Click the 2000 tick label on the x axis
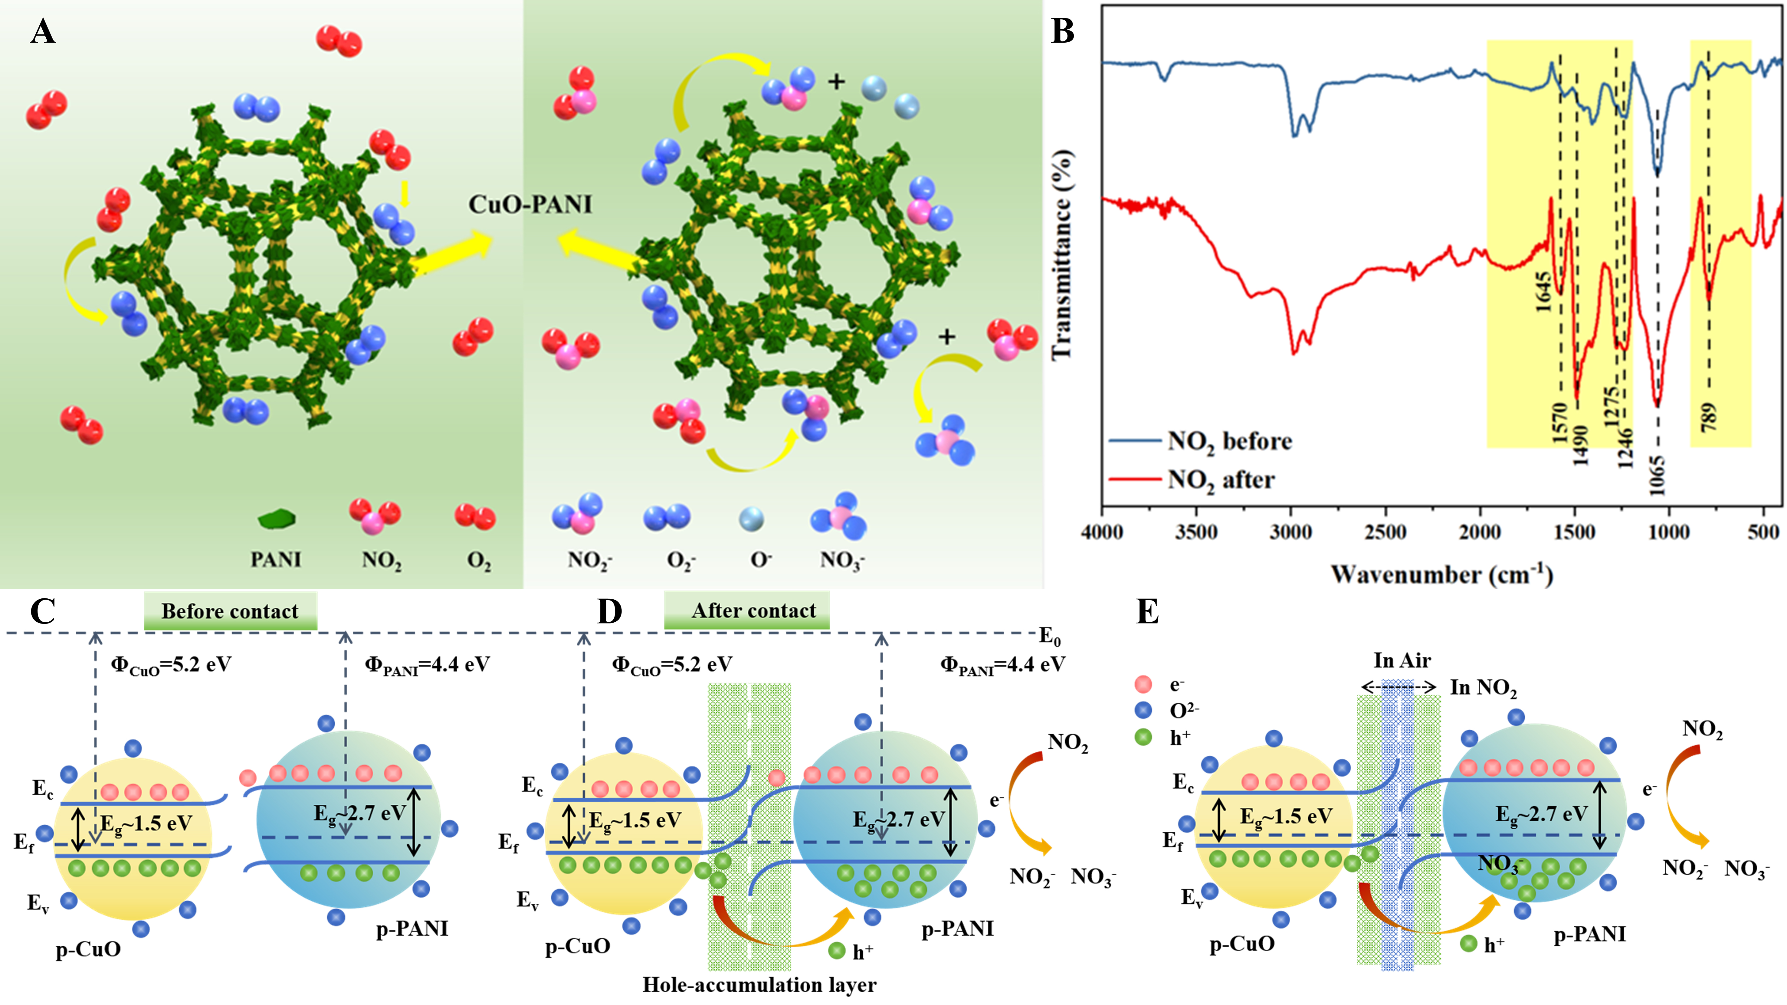pos(1480,532)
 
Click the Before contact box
pos(230,611)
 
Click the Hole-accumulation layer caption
pos(759,984)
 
